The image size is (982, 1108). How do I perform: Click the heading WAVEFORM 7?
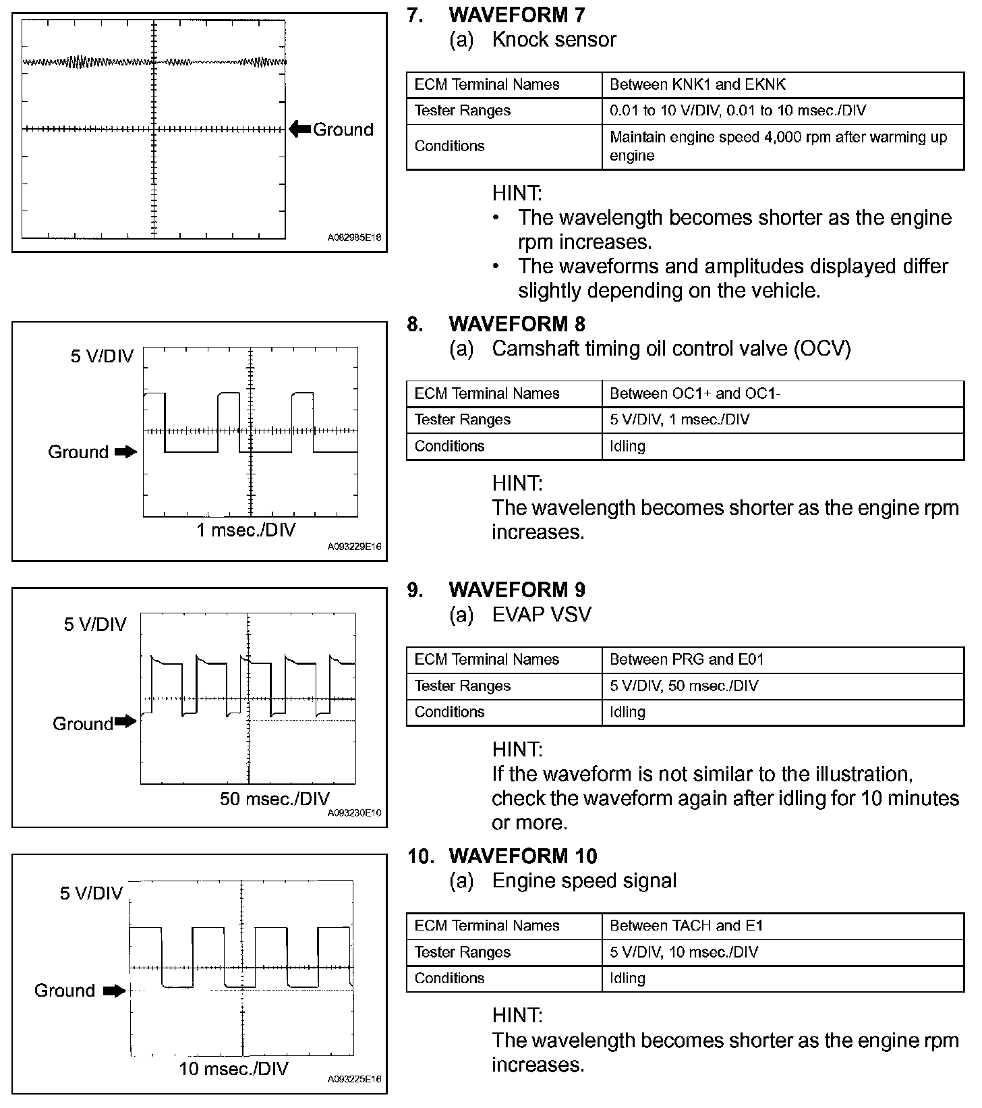517,15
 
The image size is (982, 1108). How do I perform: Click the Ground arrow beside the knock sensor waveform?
300,129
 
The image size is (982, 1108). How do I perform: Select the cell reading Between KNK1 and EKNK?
697,84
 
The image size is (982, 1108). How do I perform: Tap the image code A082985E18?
354,238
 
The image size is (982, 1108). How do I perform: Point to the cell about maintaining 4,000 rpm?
778,146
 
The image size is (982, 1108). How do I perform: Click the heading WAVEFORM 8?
517,324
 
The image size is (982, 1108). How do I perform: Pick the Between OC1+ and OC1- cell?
695,393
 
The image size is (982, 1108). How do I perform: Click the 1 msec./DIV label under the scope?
246,530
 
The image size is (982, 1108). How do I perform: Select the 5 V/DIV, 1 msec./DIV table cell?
679,420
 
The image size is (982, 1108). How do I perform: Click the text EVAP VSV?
542,614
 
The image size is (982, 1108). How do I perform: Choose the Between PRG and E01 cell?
687,659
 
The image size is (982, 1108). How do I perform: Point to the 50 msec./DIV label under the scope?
275,799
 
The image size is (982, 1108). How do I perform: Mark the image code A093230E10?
354,812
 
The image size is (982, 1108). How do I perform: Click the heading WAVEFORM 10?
523,856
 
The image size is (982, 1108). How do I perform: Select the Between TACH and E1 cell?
686,926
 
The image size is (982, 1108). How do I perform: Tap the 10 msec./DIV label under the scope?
233,1069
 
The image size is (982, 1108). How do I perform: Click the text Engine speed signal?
584,881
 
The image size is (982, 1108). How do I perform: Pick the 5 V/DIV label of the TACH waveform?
92,893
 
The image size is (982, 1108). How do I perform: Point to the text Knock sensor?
554,39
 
